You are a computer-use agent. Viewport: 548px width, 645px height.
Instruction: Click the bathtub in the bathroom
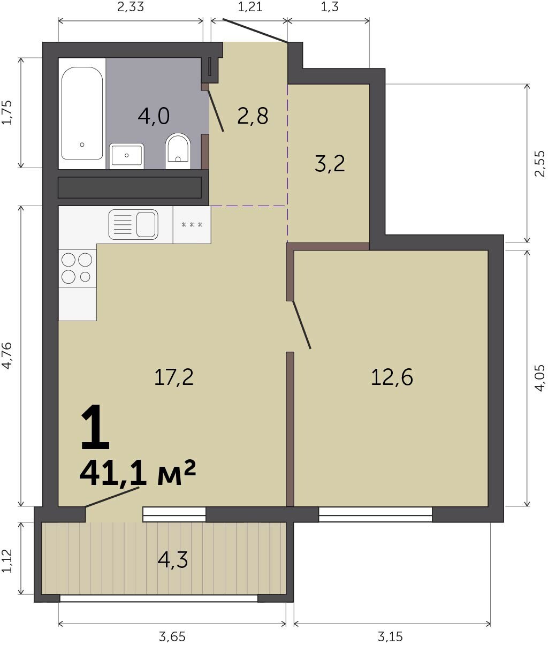point(82,113)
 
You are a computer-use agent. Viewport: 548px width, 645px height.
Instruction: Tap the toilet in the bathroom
point(178,151)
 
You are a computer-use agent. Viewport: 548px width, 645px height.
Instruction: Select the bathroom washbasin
point(127,156)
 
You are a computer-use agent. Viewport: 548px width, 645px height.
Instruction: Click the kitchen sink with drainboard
point(133,224)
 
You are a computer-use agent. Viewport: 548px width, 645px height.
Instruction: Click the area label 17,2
point(174,377)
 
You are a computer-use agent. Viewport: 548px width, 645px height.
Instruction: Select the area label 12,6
point(392,377)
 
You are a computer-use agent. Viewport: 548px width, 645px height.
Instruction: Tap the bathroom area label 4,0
point(154,116)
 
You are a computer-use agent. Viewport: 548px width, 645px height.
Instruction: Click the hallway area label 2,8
point(253,116)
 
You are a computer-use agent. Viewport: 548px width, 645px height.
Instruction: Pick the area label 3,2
point(330,163)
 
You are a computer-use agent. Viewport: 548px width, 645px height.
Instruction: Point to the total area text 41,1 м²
point(138,473)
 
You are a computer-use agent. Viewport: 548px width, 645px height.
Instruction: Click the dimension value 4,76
point(7,355)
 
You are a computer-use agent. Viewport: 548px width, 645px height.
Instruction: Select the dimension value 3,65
point(172,636)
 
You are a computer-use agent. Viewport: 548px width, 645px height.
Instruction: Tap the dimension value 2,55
point(540,163)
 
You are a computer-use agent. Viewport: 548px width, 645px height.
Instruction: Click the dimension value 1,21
point(250,7)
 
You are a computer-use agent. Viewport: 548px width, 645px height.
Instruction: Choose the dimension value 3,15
point(390,636)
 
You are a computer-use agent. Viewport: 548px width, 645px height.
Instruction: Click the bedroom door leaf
point(301,324)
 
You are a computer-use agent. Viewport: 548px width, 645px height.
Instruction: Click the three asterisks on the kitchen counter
point(192,224)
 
